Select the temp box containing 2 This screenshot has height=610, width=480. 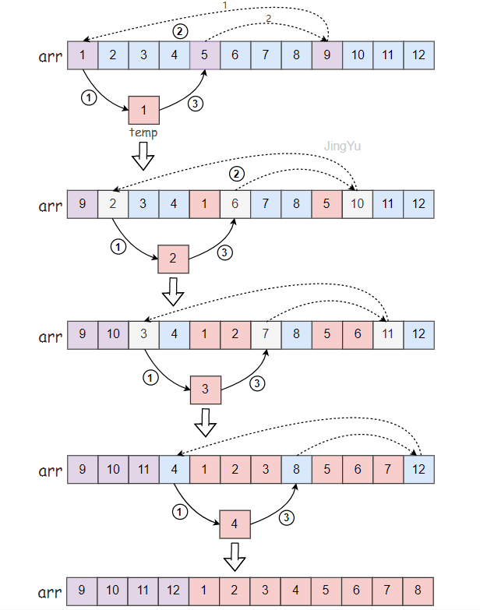(x=173, y=258)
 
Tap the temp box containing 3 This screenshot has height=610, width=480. (x=206, y=390)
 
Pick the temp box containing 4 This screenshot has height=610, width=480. (x=235, y=524)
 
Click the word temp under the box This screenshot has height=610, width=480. (x=143, y=133)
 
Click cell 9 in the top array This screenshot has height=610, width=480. (x=326, y=55)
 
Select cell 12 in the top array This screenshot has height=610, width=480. (x=418, y=55)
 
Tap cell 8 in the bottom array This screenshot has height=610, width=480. (x=418, y=591)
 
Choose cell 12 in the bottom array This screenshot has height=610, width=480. (x=175, y=591)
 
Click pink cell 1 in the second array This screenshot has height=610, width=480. (x=204, y=205)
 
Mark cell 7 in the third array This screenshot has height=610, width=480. (x=266, y=336)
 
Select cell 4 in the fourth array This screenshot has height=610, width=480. (x=175, y=470)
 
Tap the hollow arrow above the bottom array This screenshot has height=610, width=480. (x=235, y=557)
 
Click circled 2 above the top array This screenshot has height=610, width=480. (x=181, y=31)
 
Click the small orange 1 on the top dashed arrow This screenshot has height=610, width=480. (x=225, y=6)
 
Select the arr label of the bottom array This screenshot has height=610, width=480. (x=50, y=592)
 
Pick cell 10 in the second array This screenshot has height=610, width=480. (x=358, y=205)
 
